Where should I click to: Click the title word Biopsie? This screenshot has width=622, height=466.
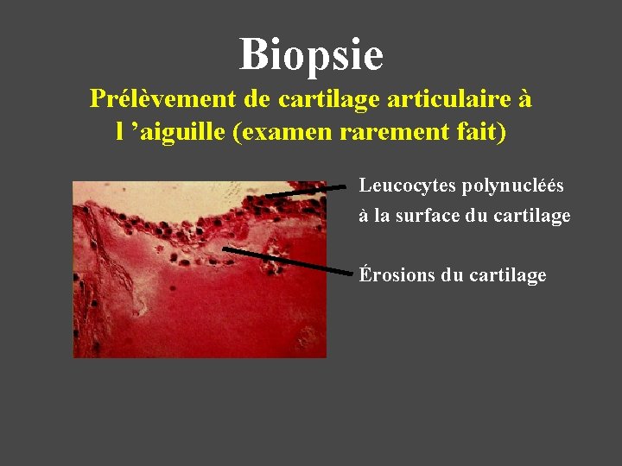(311, 54)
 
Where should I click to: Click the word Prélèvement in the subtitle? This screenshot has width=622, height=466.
(163, 99)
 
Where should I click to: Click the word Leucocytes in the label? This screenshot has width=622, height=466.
(407, 186)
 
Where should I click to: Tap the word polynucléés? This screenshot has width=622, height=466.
(513, 186)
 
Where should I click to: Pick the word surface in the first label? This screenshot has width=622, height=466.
(423, 216)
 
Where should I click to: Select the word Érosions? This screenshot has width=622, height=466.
(397, 275)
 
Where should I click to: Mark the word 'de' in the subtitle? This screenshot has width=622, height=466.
(257, 99)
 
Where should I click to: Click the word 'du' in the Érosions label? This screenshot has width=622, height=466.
(452, 275)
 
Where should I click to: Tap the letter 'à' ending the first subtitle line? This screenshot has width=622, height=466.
(525, 99)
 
